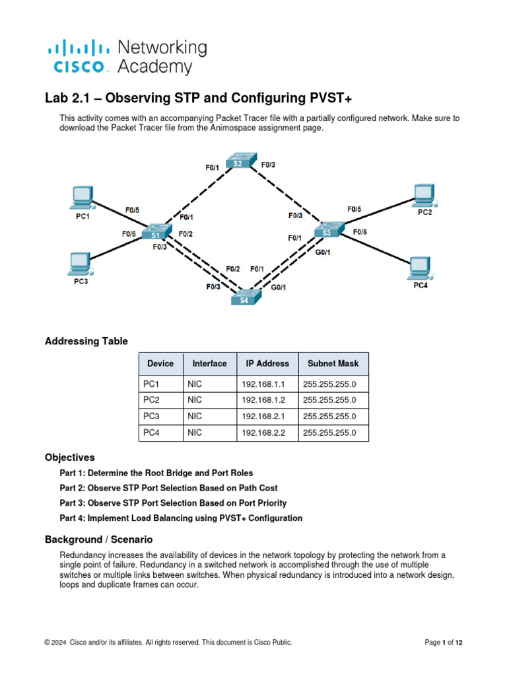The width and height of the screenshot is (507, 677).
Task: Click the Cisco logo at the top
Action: (78, 57)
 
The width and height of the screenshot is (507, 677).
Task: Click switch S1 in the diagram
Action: (156, 233)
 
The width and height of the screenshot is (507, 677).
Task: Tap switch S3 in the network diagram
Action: (327, 231)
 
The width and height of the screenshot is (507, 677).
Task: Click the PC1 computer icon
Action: (82, 196)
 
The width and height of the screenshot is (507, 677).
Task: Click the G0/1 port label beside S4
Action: (279, 288)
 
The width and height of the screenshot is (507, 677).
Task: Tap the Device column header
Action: (160, 364)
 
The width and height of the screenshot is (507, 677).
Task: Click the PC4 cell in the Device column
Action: (152, 433)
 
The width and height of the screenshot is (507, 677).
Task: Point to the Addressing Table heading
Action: (86, 341)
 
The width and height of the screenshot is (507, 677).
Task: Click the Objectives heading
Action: (69, 458)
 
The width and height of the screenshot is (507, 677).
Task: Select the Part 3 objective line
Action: (173, 503)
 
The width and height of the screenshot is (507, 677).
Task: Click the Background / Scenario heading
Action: (98, 539)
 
